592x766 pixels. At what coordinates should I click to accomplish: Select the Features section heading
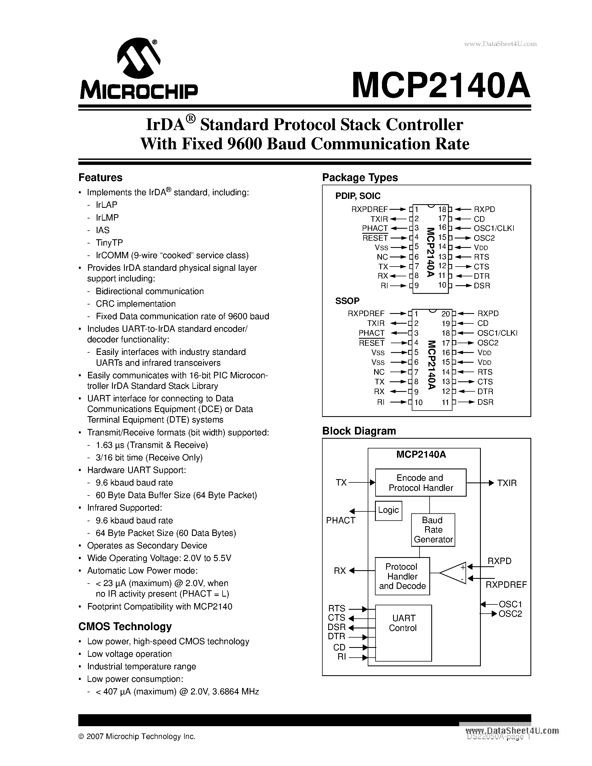tap(100, 177)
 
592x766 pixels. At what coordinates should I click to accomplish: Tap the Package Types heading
tap(360, 177)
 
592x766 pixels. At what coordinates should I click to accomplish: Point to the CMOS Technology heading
tap(125, 626)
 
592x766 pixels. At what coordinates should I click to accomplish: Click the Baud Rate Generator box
tap(433, 530)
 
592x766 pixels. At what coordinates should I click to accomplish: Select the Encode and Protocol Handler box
tap(420, 483)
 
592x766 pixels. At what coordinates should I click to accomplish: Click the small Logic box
tap(388, 510)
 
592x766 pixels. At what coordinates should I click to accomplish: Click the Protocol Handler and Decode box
tap(402, 576)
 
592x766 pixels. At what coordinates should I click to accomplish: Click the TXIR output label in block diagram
tap(507, 483)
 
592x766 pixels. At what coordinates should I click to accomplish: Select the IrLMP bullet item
tap(107, 218)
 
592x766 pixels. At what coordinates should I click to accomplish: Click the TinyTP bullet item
tap(109, 243)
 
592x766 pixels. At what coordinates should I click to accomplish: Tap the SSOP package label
tap(347, 301)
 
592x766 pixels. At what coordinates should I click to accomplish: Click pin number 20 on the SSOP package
tap(445, 314)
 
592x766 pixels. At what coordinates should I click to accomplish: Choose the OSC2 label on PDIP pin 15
tap(484, 238)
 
